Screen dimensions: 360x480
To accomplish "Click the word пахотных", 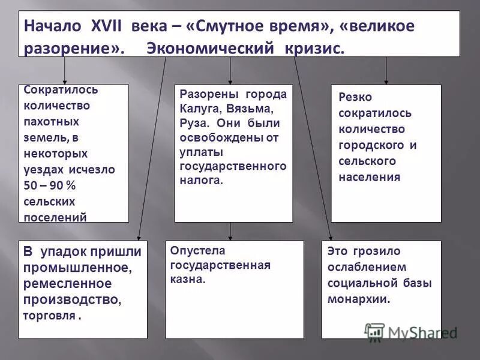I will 51,121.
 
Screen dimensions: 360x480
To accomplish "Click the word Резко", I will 355,97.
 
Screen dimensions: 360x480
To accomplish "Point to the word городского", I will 369,145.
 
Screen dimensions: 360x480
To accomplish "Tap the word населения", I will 369,177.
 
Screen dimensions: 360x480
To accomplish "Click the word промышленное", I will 76,266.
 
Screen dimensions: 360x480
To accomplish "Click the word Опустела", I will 197,250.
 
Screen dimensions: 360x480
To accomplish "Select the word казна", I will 187,279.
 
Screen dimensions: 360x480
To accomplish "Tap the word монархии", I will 359,299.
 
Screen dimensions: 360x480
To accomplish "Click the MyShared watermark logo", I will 412,331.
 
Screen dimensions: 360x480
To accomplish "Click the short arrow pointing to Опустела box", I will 230,231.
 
